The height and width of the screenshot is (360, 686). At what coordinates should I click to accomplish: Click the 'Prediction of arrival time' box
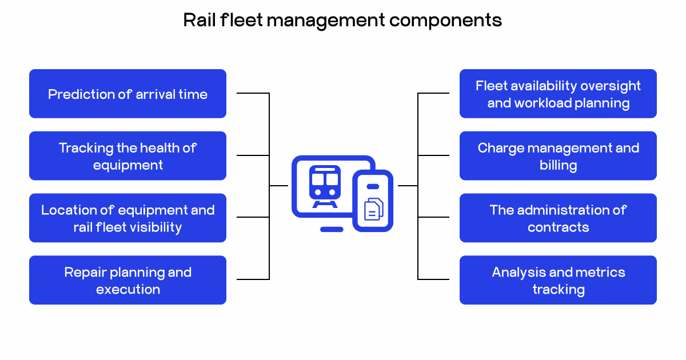coord(127,94)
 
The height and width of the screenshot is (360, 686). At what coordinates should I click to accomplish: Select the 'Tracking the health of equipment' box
coord(127,156)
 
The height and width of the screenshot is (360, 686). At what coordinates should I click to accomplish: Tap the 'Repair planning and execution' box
coord(127,280)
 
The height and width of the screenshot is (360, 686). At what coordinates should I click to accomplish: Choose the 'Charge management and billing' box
coord(558,156)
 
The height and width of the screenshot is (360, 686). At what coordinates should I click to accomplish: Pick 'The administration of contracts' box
coord(558,218)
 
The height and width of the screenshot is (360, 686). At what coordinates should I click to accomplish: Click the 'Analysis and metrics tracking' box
coord(558,280)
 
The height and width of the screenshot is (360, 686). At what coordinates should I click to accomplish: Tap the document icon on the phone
coord(373,209)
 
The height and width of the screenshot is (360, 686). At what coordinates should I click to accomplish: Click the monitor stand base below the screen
coord(332,229)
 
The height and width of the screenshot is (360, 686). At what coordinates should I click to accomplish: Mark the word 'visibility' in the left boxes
coord(154,227)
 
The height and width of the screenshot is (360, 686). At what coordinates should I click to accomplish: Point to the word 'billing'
coord(558,165)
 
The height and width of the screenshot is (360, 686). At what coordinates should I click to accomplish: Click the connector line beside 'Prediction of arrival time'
coord(253,93)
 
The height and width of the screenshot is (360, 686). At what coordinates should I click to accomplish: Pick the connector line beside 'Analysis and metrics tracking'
coord(433,279)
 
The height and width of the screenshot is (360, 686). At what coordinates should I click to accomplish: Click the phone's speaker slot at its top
coord(373,186)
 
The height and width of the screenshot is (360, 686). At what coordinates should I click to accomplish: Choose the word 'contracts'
coord(558,227)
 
